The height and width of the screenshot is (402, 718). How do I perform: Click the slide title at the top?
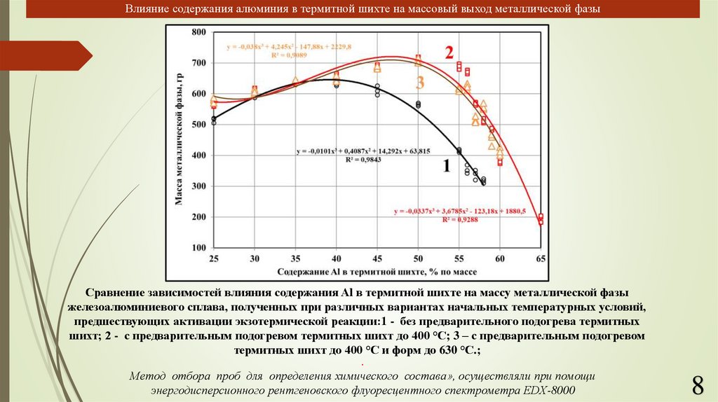pyautogui.click(x=363, y=10)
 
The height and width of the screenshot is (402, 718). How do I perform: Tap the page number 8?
pyautogui.click(x=697, y=384)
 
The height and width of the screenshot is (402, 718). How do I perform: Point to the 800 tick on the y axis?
pyautogui.click(x=199, y=32)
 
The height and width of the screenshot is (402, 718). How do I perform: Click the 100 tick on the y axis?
pyautogui.click(x=199, y=248)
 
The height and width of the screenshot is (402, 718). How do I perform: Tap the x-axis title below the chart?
pyautogui.click(x=371, y=270)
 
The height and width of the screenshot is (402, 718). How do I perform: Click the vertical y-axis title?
pyautogui.click(x=179, y=140)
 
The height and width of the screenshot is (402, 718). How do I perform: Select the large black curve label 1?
pyautogui.click(x=445, y=167)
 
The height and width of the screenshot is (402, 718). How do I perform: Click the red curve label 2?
pyautogui.click(x=449, y=53)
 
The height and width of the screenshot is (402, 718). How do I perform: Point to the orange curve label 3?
pyautogui.click(x=420, y=83)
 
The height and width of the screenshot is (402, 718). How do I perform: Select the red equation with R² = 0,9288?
pyautogui.click(x=459, y=215)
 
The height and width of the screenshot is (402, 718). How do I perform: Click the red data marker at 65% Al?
pyautogui.click(x=541, y=219)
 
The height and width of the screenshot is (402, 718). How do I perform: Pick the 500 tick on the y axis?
pyautogui.click(x=199, y=125)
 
